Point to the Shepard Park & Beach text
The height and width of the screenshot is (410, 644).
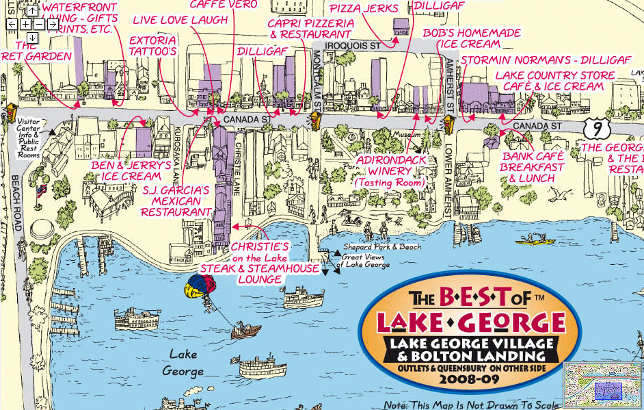(373, 246)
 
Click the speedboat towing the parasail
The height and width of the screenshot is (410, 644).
(245, 331)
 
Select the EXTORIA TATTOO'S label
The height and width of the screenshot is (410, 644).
(152, 46)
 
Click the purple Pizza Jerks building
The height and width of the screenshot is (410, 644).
(401, 27)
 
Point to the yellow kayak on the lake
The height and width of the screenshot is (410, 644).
(535, 240)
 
